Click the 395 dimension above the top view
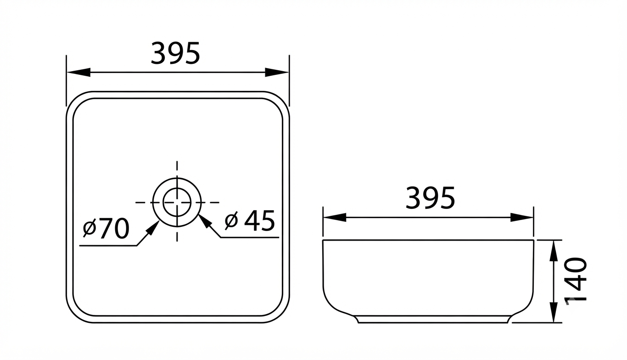pos(175,53)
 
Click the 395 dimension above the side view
pos(430,198)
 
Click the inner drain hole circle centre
pos(177,202)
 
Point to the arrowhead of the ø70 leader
pos(153,227)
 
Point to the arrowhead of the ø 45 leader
pos(204,220)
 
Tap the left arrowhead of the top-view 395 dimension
pos(79,72)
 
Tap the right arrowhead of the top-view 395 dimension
pos(277,72)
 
